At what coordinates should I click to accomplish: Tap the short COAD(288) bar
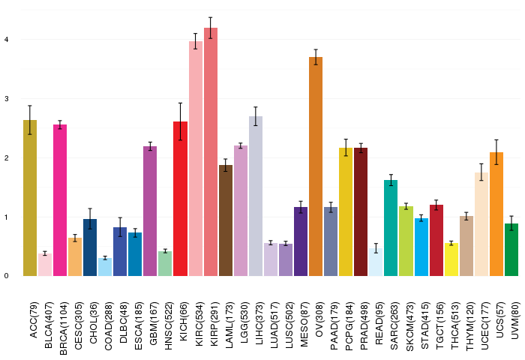click(105, 267)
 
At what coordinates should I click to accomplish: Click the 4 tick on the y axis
click(6, 39)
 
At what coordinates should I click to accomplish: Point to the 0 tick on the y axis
click(6, 277)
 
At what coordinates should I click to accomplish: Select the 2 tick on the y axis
click(6, 158)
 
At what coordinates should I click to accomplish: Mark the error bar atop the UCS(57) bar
click(496, 152)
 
